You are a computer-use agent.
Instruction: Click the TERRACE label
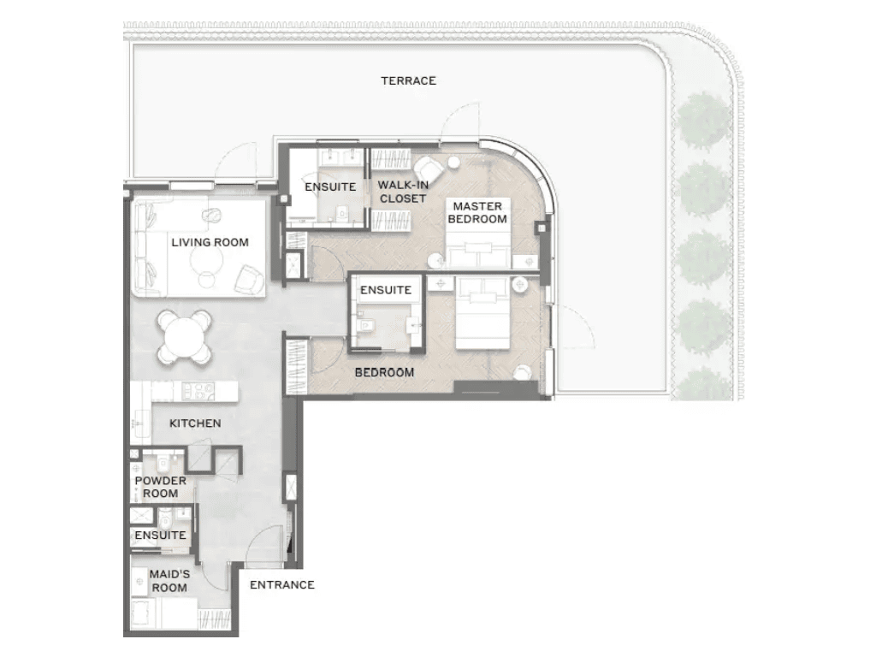point(408,80)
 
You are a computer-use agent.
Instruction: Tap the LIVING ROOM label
point(210,242)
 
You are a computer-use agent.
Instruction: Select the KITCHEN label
point(195,423)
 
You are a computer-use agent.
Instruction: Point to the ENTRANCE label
point(282,584)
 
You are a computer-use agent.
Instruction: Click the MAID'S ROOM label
point(169,581)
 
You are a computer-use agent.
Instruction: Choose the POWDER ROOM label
point(160,487)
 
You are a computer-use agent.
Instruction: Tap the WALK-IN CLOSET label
point(404,192)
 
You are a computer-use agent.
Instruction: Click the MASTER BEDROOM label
point(477,212)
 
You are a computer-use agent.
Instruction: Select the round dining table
point(185,337)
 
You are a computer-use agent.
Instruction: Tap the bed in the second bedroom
point(482,313)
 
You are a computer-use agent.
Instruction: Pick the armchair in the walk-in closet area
point(428,169)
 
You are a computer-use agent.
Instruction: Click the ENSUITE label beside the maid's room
point(160,535)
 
